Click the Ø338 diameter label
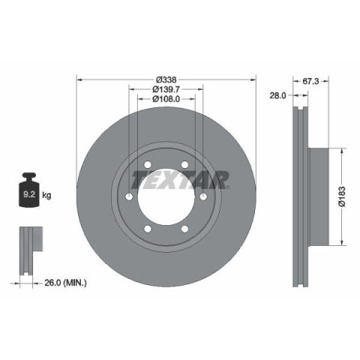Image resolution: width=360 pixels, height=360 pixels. pyautogui.click(x=166, y=79)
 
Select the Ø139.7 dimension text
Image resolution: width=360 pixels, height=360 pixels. pyautogui.click(x=166, y=89)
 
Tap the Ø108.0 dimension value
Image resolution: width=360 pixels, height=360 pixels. pyautogui.click(x=166, y=99)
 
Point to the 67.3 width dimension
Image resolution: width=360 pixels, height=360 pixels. pyautogui.click(x=310, y=81)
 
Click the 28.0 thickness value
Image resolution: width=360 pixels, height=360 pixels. pyautogui.click(x=277, y=95)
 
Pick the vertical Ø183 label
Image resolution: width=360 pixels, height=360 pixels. pyautogui.click(x=342, y=196)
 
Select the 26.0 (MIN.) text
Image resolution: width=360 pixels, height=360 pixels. pyautogui.click(x=65, y=283)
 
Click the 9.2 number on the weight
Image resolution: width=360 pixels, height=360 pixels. pyautogui.click(x=29, y=194)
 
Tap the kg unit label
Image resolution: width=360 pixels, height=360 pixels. pyautogui.click(x=46, y=195)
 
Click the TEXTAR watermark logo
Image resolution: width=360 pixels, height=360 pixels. pyautogui.click(x=180, y=179)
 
